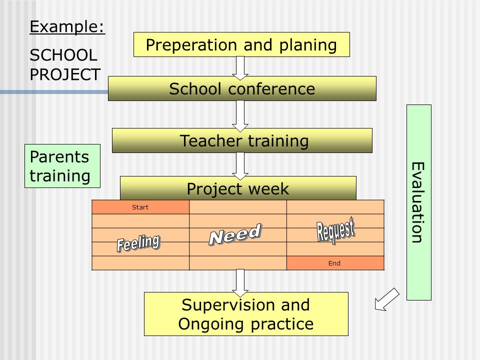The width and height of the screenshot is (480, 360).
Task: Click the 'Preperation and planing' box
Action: pos(241,44)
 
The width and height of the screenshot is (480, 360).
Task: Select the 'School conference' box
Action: pos(242,88)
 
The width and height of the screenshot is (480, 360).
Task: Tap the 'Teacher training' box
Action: pos(242,140)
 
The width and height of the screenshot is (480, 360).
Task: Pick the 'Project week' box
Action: pos(238,188)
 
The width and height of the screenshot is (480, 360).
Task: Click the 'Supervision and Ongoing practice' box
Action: pos(246,314)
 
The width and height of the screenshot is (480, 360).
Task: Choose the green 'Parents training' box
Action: pos(62,166)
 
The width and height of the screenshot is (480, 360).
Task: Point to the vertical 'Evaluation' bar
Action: pos(419,202)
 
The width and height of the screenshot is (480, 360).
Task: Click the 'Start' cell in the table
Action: pos(140,207)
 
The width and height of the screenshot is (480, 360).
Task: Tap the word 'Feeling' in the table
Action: pos(138,243)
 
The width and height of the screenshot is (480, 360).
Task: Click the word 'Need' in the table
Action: pos(235,234)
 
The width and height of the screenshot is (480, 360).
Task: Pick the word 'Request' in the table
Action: pos(335,230)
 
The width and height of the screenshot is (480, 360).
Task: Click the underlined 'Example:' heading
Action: pos(67,26)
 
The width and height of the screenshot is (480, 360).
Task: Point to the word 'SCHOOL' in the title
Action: pos(63,55)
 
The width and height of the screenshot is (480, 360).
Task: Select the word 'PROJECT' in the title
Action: pos(65,74)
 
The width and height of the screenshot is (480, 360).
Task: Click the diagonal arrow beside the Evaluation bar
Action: pos(387,299)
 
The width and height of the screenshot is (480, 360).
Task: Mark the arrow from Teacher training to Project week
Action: pos(240,166)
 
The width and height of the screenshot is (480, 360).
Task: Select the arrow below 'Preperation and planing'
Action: pos(240,68)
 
